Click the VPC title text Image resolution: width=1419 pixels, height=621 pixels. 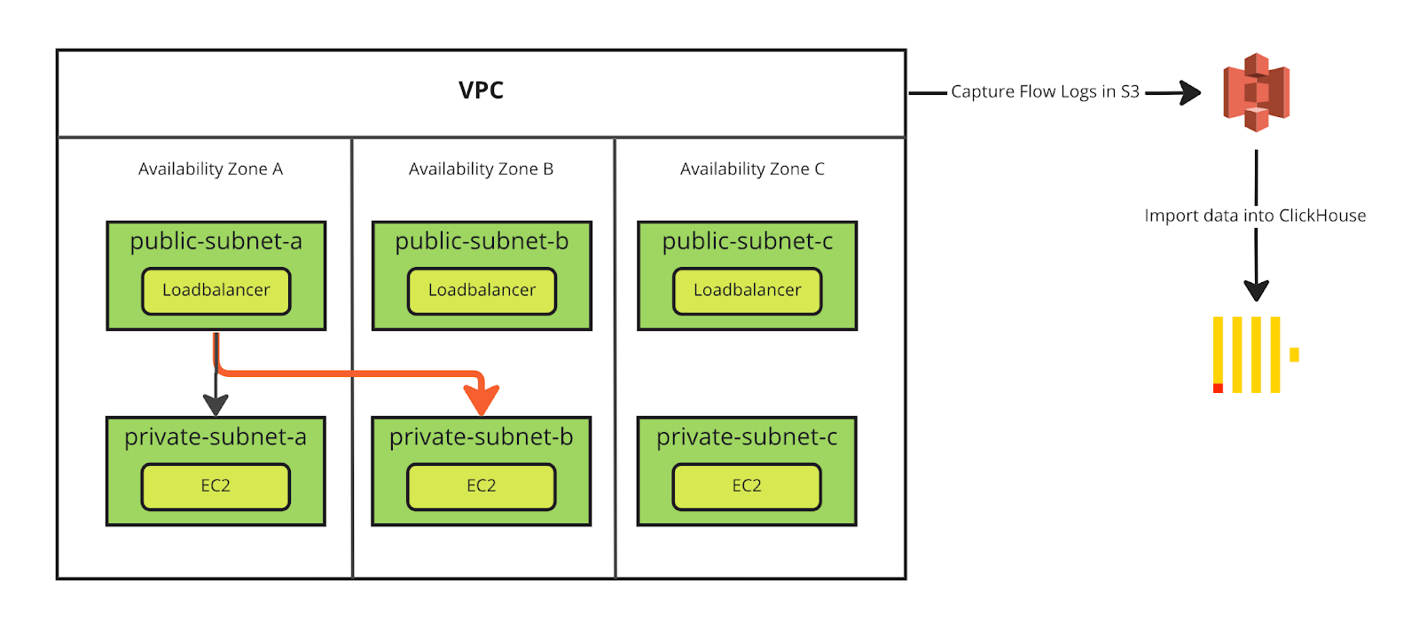[x=481, y=90]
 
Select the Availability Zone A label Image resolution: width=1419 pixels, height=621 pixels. [x=210, y=169]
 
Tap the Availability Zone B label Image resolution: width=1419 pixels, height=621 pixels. [x=481, y=169]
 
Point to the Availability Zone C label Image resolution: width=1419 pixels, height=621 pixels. [x=752, y=169]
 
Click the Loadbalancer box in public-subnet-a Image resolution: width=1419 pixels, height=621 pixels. [x=216, y=290]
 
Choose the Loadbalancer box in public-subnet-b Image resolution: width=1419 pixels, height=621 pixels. [x=482, y=290]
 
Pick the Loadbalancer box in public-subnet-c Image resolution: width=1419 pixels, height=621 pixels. [x=747, y=290]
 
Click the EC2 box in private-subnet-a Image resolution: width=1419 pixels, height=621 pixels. [x=216, y=486]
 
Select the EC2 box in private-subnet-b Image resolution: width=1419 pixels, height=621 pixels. [x=481, y=486]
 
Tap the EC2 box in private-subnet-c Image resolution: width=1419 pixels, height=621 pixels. [x=747, y=486]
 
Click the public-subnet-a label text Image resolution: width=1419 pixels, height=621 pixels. [x=216, y=241]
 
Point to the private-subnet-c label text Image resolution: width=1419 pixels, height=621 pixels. [x=747, y=437]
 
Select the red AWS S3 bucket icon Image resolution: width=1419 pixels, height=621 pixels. [x=1256, y=92]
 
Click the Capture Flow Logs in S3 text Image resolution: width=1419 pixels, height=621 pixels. [x=1045, y=91]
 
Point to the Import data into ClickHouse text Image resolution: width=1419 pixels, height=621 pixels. [x=1255, y=216]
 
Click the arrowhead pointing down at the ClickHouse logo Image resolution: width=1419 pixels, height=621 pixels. [x=1256, y=290]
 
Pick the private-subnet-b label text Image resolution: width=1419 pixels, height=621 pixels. [x=481, y=437]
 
